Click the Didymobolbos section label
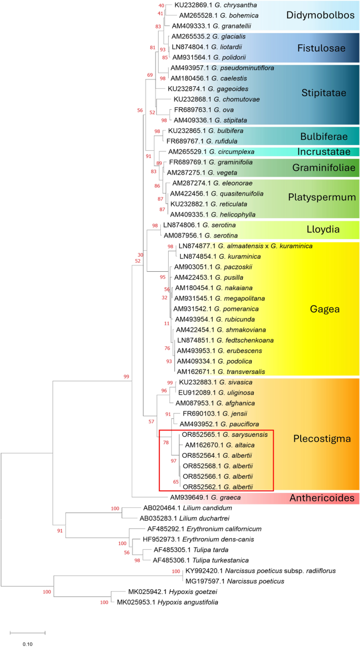coord(320,15)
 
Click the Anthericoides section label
coord(323,497)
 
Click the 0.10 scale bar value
coord(27,643)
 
